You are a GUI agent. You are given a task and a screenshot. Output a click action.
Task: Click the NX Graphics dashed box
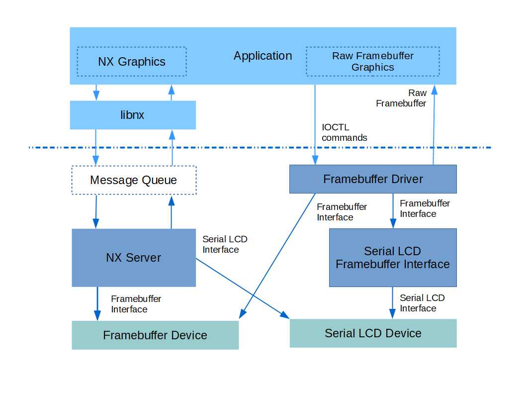132,62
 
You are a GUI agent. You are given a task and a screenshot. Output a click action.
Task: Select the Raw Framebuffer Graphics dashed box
372,62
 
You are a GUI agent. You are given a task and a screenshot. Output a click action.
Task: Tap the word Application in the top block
263,56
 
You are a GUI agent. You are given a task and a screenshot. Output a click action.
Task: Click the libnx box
133,115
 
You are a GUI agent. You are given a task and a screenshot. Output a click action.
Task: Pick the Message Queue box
134,180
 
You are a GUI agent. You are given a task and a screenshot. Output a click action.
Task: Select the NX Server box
134,258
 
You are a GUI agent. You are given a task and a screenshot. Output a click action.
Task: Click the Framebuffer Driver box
373,179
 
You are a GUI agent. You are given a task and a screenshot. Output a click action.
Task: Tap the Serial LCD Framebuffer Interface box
392,258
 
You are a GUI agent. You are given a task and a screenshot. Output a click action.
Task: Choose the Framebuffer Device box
155,335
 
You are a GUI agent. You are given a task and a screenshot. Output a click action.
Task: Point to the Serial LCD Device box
373,333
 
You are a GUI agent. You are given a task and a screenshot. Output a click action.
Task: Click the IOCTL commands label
344,133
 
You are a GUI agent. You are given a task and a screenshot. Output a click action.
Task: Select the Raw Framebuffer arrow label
402,99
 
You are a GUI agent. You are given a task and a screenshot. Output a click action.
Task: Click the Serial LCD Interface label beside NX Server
224,245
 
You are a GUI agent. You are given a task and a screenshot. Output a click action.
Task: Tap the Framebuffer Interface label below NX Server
136,304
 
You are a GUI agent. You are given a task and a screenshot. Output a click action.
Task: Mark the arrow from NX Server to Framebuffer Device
97,303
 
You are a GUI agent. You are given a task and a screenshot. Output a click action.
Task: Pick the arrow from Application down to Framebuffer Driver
315,124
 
